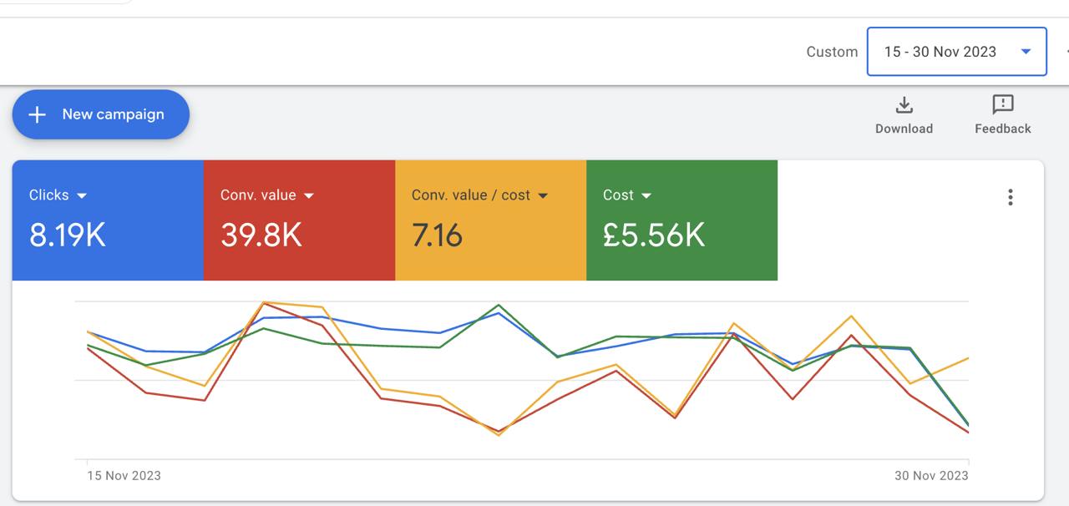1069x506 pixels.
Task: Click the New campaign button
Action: tap(101, 114)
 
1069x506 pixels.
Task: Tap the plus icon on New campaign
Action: tap(37, 114)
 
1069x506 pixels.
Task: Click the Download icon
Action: tap(904, 105)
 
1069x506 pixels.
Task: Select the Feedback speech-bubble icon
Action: tap(1002, 104)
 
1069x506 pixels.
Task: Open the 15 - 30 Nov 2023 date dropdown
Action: tap(956, 52)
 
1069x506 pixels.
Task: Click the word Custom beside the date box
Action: tap(832, 52)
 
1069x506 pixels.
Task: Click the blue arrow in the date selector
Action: tap(1026, 52)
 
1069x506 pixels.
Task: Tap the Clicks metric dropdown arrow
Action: tap(82, 195)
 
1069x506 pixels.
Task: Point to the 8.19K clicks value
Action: tap(68, 235)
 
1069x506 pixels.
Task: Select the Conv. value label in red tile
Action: tap(258, 195)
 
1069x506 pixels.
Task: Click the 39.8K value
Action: tap(261, 235)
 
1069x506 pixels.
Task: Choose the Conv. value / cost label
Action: tap(470, 195)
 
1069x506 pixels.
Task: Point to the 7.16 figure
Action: tap(437, 235)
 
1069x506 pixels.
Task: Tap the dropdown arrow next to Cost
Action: tap(646, 195)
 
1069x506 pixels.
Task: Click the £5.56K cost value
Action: tap(654, 235)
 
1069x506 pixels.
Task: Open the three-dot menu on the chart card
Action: tap(1010, 197)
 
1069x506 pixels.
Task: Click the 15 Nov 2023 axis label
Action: tap(124, 475)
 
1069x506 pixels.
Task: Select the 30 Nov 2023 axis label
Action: tap(931, 475)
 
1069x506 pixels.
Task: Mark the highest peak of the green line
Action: tap(499, 305)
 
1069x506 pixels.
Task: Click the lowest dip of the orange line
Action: tap(499, 435)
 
